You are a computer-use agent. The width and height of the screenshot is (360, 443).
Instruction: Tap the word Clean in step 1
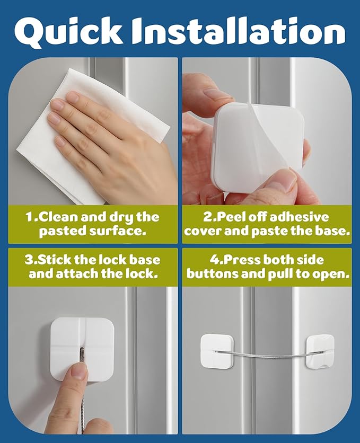tap(59, 217)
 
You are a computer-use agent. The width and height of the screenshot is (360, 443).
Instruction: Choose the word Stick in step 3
tap(59, 260)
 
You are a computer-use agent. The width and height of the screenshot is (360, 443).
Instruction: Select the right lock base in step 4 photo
tap(320, 350)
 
